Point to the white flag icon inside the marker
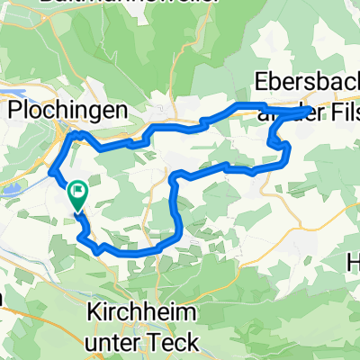pyautogui.click(x=77, y=191)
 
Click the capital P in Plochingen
pyautogui.click(x=15, y=109)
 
